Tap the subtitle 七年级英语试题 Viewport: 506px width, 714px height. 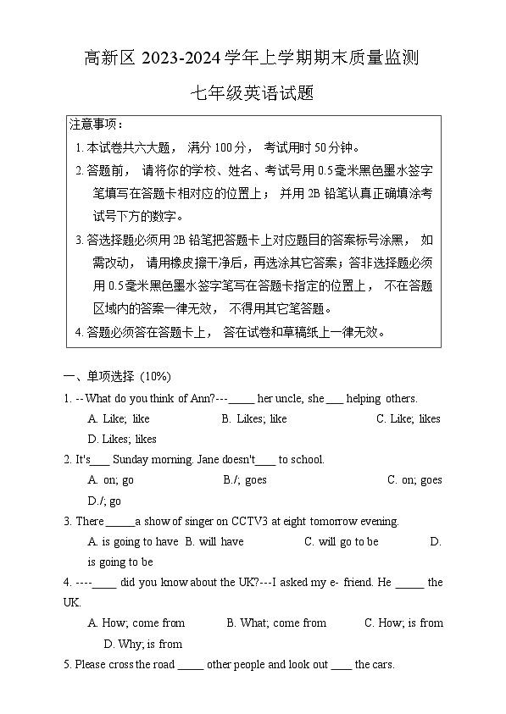[x=253, y=94]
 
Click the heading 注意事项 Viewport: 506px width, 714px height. [x=96, y=125]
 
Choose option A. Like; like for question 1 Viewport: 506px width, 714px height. [x=119, y=418]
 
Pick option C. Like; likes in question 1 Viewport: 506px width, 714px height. [x=409, y=418]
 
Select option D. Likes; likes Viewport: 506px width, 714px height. [x=122, y=439]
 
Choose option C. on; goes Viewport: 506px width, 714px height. [x=414, y=479]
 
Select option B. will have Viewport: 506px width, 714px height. [x=214, y=541]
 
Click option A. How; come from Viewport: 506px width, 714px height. [x=136, y=623]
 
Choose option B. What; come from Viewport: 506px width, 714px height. [x=276, y=623]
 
